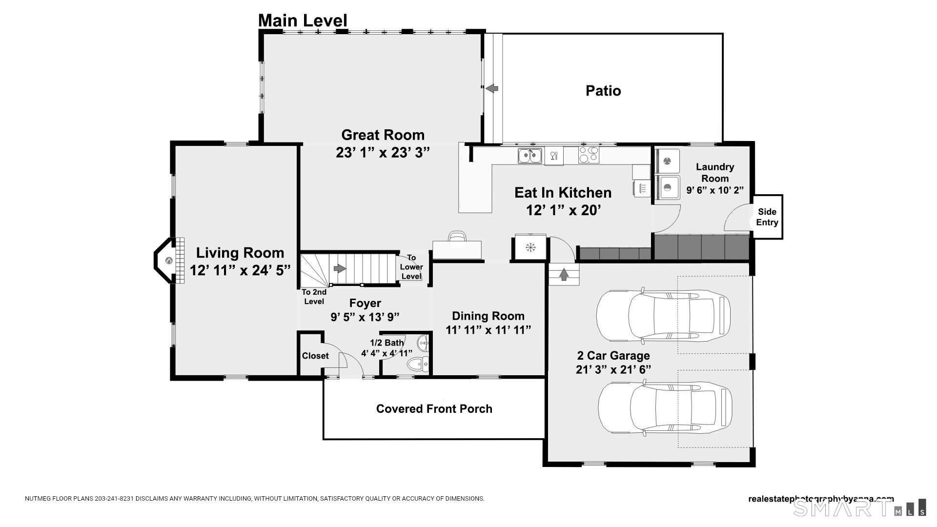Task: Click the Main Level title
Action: pos(303,20)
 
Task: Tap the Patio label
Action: pos(603,91)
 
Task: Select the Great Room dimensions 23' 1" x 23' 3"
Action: pos(383,153)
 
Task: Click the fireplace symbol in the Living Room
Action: pos(169,261)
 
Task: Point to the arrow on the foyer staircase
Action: pos(340,268)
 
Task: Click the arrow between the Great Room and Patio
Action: pos(492,88)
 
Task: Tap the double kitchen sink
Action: pos(530,156)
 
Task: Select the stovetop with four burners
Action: pos(589,155)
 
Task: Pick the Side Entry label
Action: pos(767,217)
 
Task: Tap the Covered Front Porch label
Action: pos(434,409)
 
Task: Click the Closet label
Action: pos(315,356)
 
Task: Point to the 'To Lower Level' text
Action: pos(411,267)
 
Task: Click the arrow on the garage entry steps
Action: pos(564,274)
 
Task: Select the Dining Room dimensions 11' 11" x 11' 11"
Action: pos(488,330)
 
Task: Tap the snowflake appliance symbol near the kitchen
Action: pos(530,247)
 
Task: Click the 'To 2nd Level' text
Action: pos(314,297)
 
